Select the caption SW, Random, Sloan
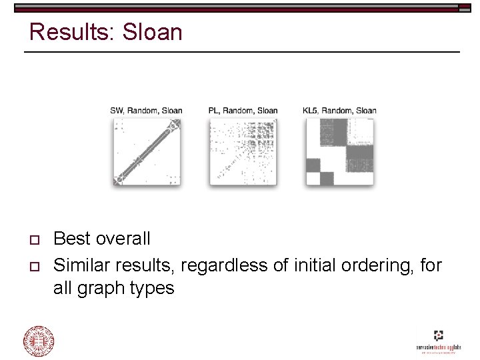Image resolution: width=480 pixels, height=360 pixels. pyautogui.click(x=146, y=110)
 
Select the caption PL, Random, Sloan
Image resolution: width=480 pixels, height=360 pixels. pyautogui.click(x=243, y=110)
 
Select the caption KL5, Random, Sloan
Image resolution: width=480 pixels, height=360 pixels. pyautogui.click(x=339, y=110)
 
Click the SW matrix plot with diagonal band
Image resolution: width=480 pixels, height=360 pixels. pyautogui.click(x=146, y=152)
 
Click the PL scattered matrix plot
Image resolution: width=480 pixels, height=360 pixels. pyautogui.click(x=243, y=152)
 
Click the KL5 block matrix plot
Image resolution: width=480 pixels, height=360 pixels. pyautogui.click(x=339, y=152)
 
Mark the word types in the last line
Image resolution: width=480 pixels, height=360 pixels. pyautogui.click(x=154, y=289)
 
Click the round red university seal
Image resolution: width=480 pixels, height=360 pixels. pyautogui.click(x=39, y=341)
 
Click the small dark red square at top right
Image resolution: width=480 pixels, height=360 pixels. pyautogui.click(x=465, y=7)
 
